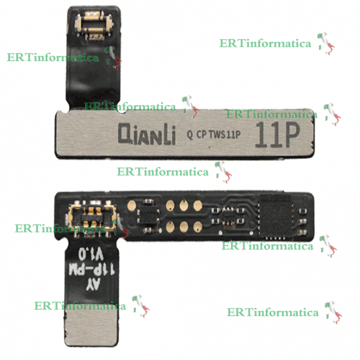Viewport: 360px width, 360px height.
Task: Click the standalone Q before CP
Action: pos(190,135)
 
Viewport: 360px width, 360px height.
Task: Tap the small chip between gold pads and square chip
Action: pos(230,215)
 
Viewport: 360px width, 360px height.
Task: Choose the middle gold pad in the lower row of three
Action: pos(184,226)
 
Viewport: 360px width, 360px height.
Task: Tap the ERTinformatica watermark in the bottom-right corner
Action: pos(273,313)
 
